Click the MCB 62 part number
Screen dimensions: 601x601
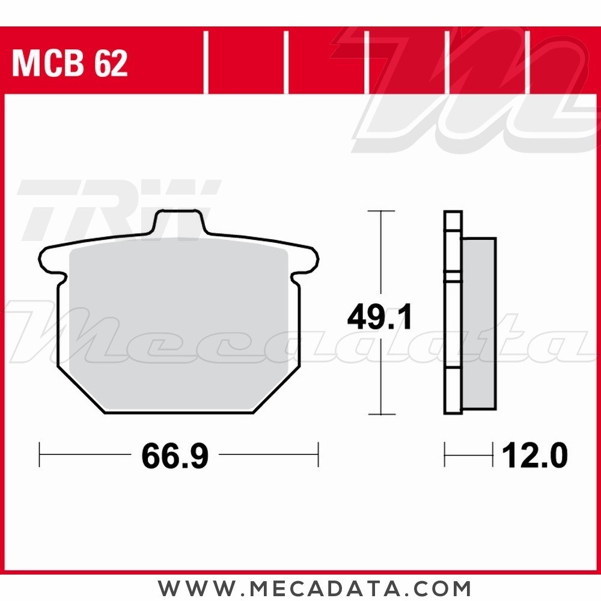70,64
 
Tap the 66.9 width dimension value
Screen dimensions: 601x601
175,456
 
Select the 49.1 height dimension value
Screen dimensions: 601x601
379,317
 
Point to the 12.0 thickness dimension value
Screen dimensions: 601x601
535,456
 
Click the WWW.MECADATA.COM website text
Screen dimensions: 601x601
314,588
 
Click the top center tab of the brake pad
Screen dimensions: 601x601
179,221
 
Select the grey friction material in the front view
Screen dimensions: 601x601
178,325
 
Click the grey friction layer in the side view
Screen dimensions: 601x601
479,323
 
